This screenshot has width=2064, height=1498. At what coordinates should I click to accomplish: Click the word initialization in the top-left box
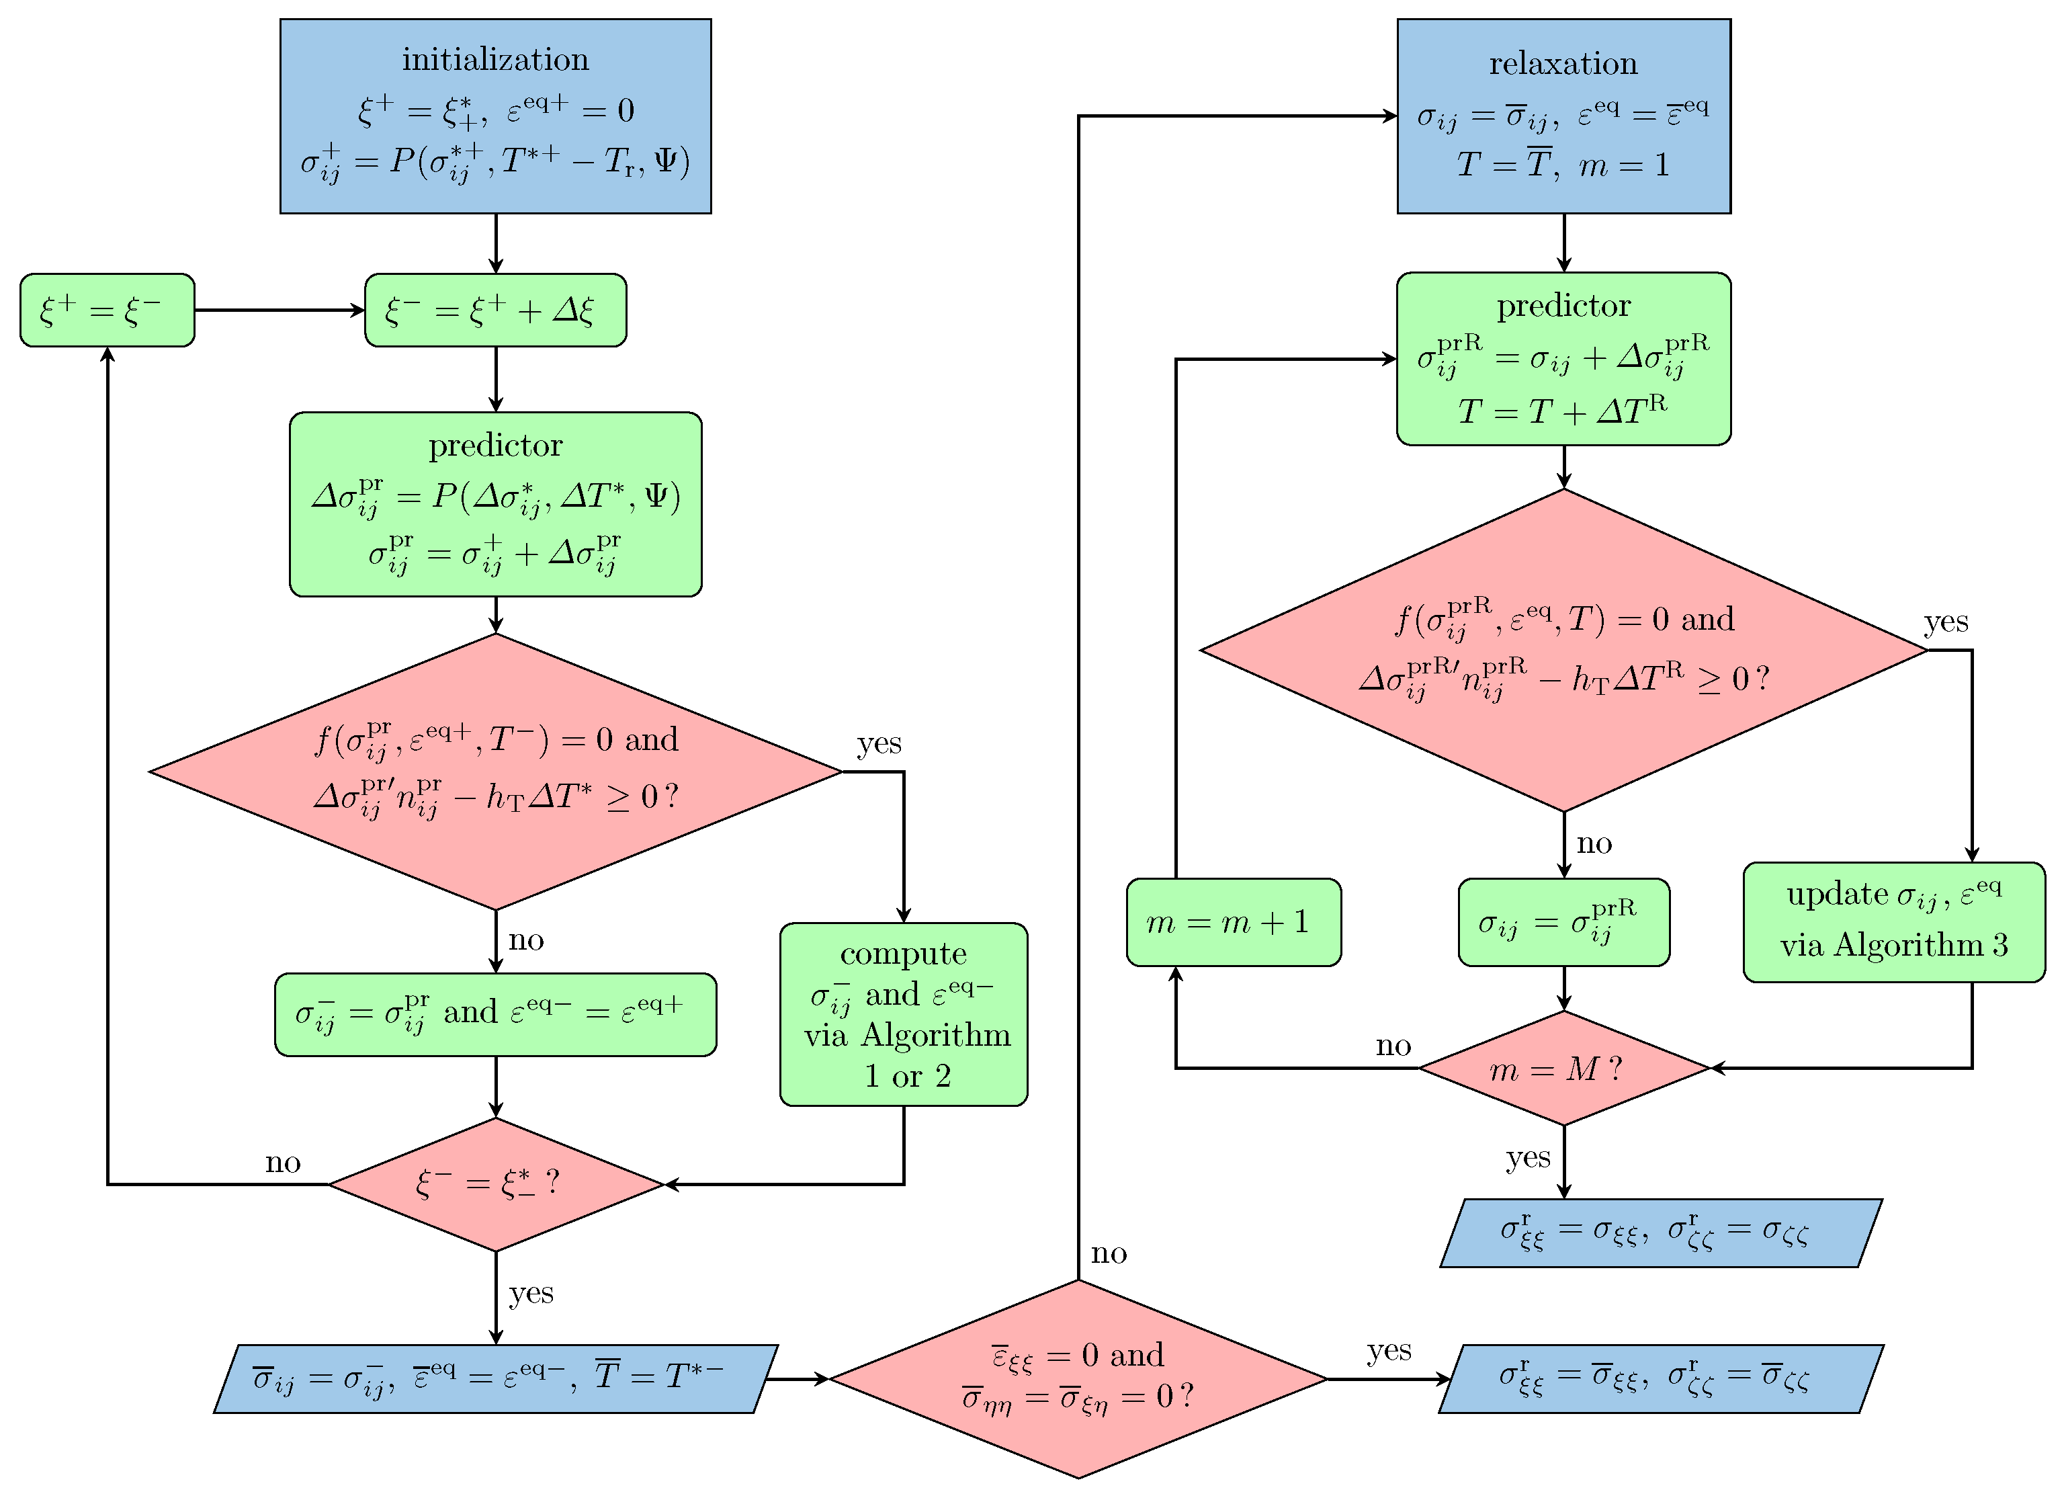click(495, 59)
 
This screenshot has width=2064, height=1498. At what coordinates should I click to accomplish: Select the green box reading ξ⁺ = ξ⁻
click(107, 310)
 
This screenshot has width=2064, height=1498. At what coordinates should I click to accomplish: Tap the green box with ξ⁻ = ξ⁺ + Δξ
click(495, 310)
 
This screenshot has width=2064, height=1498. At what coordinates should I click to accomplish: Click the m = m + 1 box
click(1233, 922)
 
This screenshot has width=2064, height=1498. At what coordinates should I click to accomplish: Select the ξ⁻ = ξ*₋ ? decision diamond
click(495, 1184)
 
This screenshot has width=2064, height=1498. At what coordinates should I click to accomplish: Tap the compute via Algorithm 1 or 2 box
click(903, 1014)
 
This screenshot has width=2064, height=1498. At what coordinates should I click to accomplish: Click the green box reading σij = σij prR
click(1563, 922)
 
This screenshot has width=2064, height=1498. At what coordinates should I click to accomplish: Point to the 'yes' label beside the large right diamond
click(1946, 622)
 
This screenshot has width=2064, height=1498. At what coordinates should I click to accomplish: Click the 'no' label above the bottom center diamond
click(1109, 1254)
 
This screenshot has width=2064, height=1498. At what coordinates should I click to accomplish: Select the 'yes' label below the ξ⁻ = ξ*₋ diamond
click(531, 1293)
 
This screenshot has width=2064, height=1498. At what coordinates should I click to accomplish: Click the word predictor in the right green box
click(1563, 306)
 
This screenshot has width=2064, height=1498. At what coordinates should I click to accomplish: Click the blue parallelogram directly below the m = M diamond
click(1660, 1233)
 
